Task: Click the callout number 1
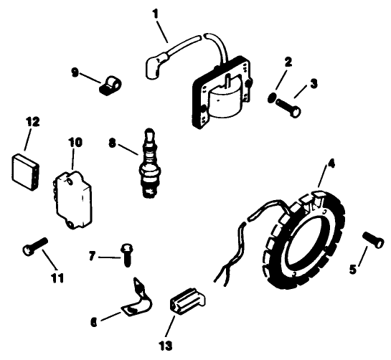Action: coord(156,13)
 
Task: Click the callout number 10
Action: coord(72,142)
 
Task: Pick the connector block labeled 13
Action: coord(188,300)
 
